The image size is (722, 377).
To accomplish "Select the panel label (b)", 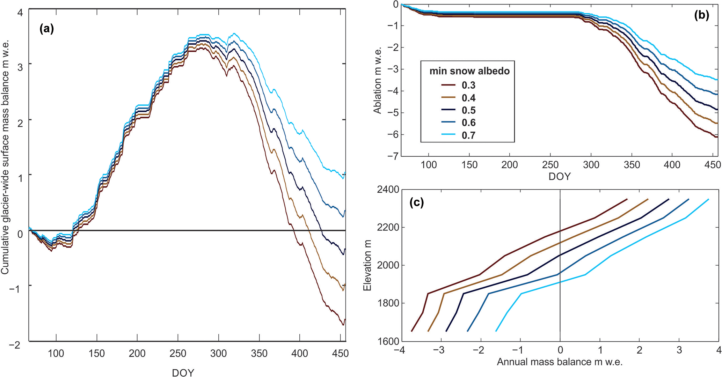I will point(701,15).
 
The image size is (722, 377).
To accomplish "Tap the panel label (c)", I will point(416,202).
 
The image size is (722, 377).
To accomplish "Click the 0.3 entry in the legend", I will point(468,86).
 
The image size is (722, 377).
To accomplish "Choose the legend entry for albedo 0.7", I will point(468,135).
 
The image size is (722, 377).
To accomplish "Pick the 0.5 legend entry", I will point(468,110).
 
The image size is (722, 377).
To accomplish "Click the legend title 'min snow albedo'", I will point(469,71).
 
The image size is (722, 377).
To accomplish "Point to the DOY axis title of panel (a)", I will point(183,372).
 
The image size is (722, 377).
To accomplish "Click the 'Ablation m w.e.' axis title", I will point(378,80).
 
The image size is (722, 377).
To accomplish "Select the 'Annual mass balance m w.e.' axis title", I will point(560,362).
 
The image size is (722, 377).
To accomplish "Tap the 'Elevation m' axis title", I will point(367,265).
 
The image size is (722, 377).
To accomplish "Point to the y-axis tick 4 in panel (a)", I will point(20,13).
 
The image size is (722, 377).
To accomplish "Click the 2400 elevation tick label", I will point(388,190).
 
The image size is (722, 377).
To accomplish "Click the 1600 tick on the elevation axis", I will point(388,341).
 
